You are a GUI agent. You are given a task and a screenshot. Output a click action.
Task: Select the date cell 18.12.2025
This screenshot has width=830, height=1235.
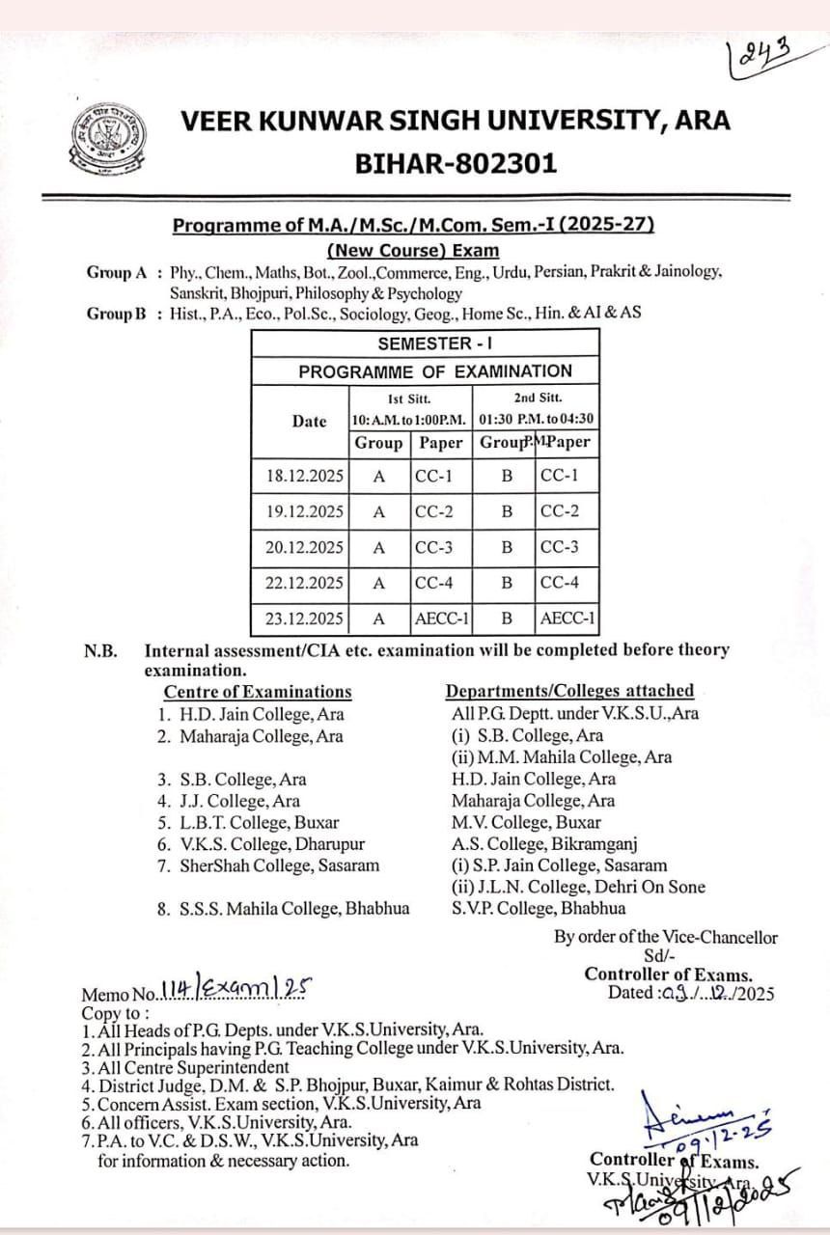click(304, 476)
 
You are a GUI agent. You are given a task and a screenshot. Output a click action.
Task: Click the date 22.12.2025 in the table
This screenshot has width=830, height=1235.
click(304, 583)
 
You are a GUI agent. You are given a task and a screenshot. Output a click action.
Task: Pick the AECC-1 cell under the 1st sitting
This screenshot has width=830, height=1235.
click(442, 618)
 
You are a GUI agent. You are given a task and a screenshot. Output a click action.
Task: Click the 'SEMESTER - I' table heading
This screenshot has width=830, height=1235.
click(425, 344)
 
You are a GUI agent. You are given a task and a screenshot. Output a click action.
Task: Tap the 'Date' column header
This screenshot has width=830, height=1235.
click(309, 421)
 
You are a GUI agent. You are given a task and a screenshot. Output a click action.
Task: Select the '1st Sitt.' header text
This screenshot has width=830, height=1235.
click(409, 398)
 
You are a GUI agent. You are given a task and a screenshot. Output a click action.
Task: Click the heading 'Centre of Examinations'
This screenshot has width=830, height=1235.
click(258, 692)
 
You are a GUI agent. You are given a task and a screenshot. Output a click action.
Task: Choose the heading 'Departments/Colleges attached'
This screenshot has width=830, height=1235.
click(569, 691)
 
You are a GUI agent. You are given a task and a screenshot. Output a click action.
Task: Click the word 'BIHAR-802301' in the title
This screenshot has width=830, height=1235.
click(456, 164)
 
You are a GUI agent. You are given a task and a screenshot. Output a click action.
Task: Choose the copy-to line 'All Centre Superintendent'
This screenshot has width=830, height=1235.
click(192, 1067)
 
